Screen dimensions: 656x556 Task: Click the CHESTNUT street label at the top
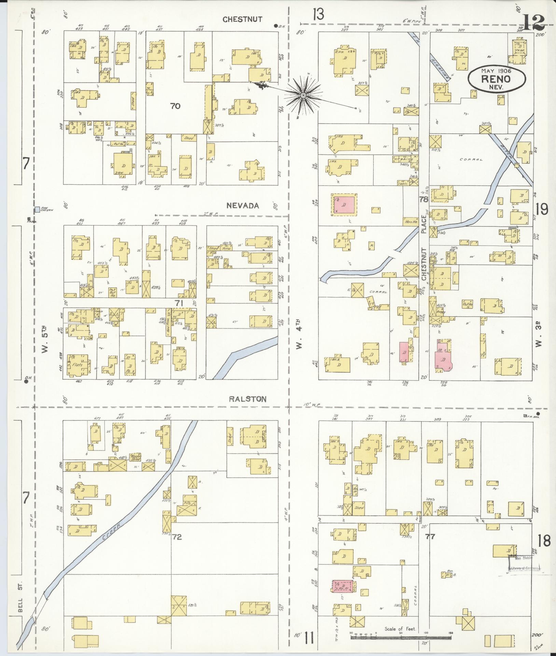[x=242, y=19]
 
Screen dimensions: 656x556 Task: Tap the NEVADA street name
[x=243, y=206]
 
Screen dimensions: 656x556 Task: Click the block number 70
[x=175, y=106]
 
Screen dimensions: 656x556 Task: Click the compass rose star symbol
[x=303, y=95]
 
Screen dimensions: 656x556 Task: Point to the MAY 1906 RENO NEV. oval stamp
[x=496, y=79]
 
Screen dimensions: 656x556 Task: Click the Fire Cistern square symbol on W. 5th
[x=37, y=209]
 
